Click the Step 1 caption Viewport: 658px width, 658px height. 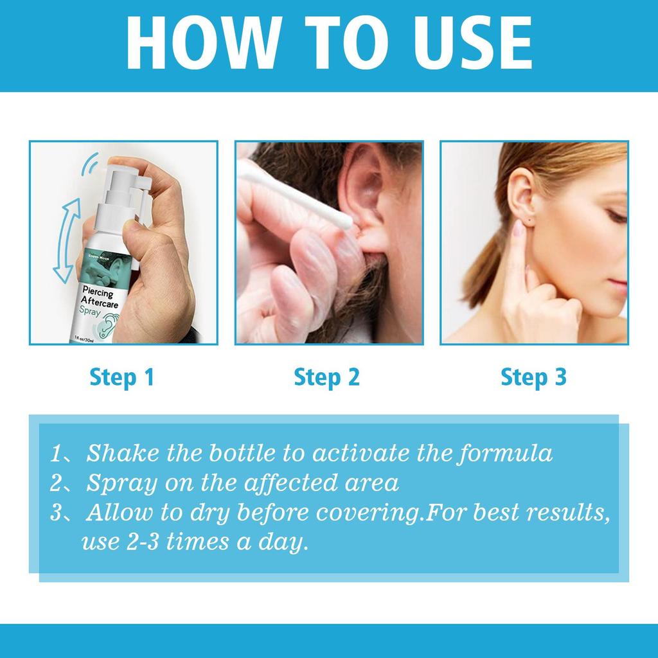point(122,377)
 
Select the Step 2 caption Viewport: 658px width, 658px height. point(326,377)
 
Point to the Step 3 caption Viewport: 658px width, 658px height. point(533,377)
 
